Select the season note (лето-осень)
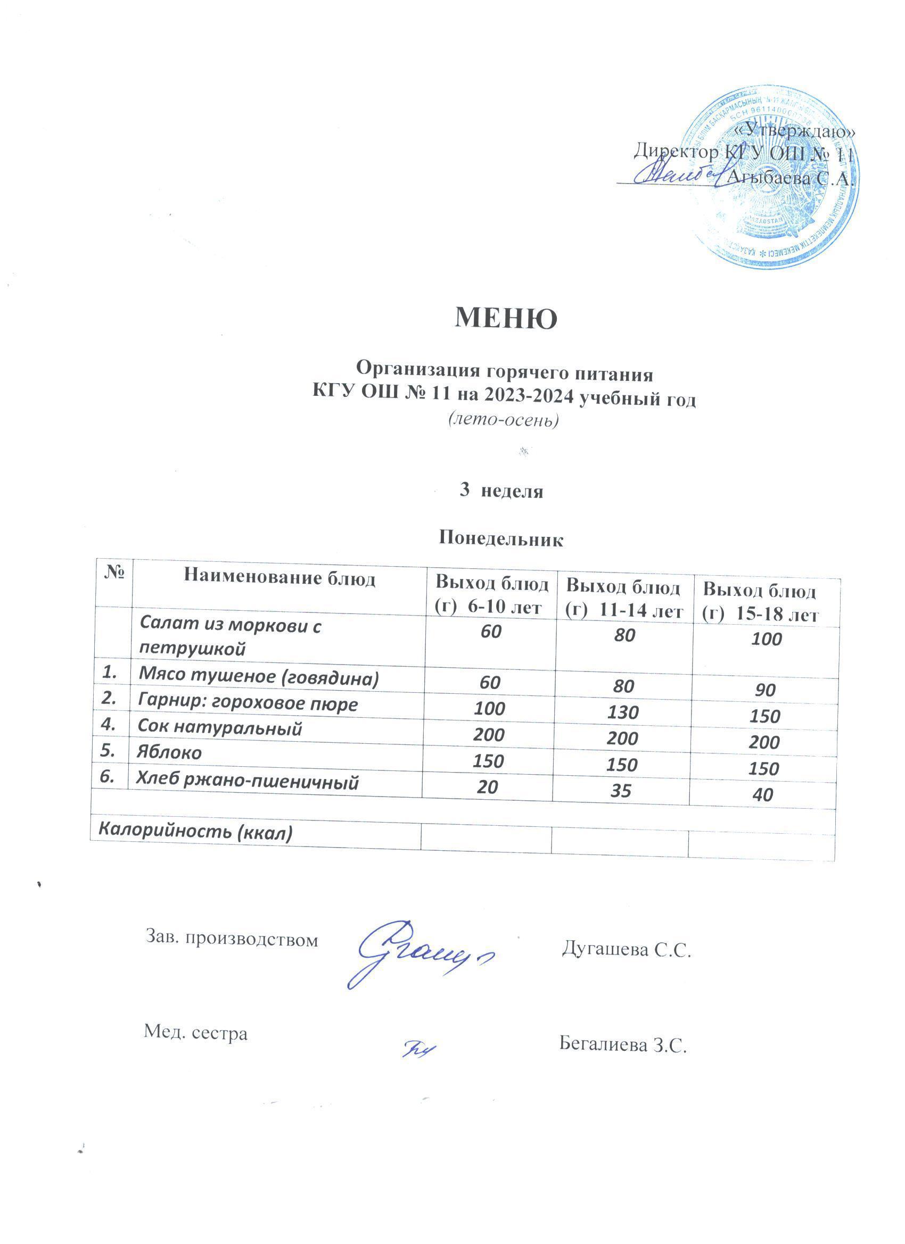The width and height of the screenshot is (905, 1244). point(503,420)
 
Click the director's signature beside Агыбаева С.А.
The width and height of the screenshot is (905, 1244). point(677,174)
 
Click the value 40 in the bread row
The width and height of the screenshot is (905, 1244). point(763,795)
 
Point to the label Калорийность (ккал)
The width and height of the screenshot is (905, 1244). point(195,832)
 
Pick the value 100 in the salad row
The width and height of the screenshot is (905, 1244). point(767,639)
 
